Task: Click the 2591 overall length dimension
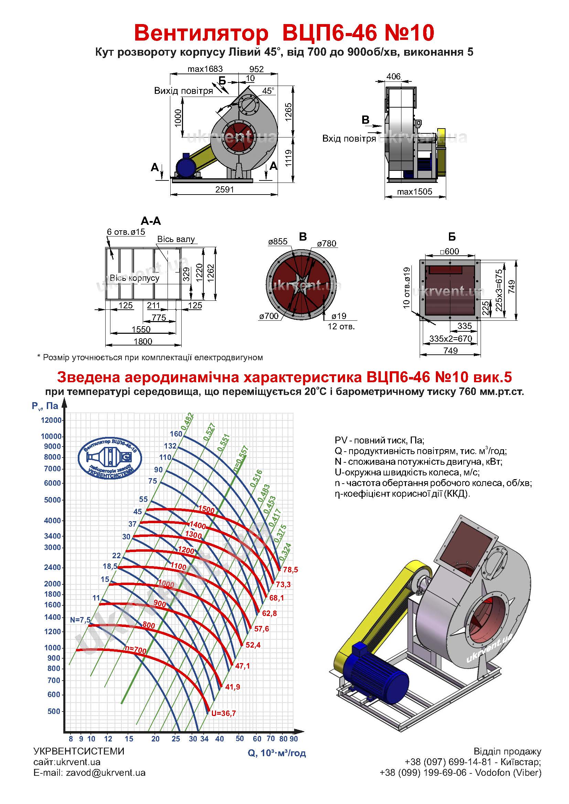pyautogui.click(x=224, y=189)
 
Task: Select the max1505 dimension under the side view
pyautogui.click(x=415, y=192)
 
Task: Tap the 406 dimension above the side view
pyautogui.click(x=394, y=76)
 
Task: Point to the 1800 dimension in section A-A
pyautogui.click(x=143, y=341)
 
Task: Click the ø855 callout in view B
pyautogui.click(x=278, y=242)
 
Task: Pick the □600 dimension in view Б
pyautogui.click(x=450, y=251)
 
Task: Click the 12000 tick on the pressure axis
pyautogui.click(x=52, y=420)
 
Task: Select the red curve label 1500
pyautogui.click(x=206, y=510)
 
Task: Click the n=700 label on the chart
pyautogui.click(x=136, y=650)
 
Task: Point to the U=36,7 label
pyautogui.click(x=224, y=713)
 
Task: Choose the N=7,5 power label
pyautogui.click(x=80, y=620)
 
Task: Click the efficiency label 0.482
pyautogui.click(x=187, y=421)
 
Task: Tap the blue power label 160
pyautogui.click(x=176, y=434)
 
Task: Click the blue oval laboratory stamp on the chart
pyautogui.click(x=110, y=457)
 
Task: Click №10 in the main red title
pyautogui.click(x=408, y=33)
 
